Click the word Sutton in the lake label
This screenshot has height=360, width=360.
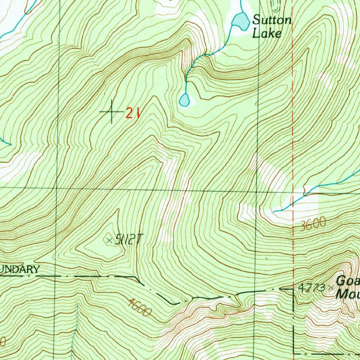(272, 20)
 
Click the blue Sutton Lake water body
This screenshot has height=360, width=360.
(240, 20)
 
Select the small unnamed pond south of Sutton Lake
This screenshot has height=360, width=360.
(184, 100)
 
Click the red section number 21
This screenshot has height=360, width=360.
(133, 113)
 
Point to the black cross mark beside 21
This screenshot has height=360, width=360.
(112, 112)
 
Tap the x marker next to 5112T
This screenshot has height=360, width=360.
(109, 240)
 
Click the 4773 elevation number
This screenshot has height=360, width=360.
(312, 288)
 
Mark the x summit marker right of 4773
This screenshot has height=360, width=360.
(330, 288)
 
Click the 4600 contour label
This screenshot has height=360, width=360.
(140, 307)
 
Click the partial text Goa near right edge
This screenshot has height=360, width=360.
(348, 281)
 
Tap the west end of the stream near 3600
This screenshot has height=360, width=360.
(274, 211)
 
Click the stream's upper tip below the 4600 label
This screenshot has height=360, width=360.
(77, 306)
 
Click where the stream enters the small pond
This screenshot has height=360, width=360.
(185, 93)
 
